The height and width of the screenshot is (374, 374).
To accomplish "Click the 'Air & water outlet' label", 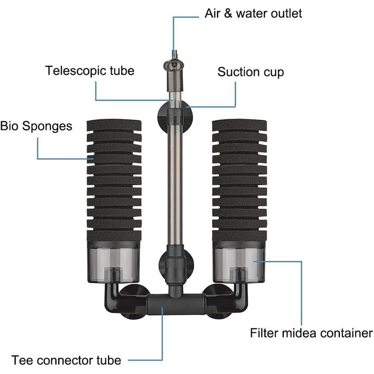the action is click(x=253, y=13).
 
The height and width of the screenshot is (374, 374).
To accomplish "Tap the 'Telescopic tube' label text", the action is click(x=90, y=71).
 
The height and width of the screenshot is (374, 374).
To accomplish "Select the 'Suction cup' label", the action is click(x=251, y=72).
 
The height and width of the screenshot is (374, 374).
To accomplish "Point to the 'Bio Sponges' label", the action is click(x=36, y=126).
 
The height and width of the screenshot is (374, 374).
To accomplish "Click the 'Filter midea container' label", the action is click(x=311, y=333).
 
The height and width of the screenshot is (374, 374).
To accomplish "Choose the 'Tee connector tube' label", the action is click(x=66, y=360).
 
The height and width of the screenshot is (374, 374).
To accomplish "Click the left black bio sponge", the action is click(x=114, y=181).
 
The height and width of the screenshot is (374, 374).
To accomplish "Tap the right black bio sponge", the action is click(x=239, y=181).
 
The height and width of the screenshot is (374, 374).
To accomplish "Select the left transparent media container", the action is click(x=113, y=262).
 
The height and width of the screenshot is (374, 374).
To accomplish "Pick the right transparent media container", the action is click(x=239, y=262).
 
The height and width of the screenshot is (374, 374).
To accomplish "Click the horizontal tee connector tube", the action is click(x=176, y=305).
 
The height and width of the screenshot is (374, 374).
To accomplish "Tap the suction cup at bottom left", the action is click(x=134, y=302).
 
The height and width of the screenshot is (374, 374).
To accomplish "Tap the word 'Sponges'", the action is click(x=47, y=127).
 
